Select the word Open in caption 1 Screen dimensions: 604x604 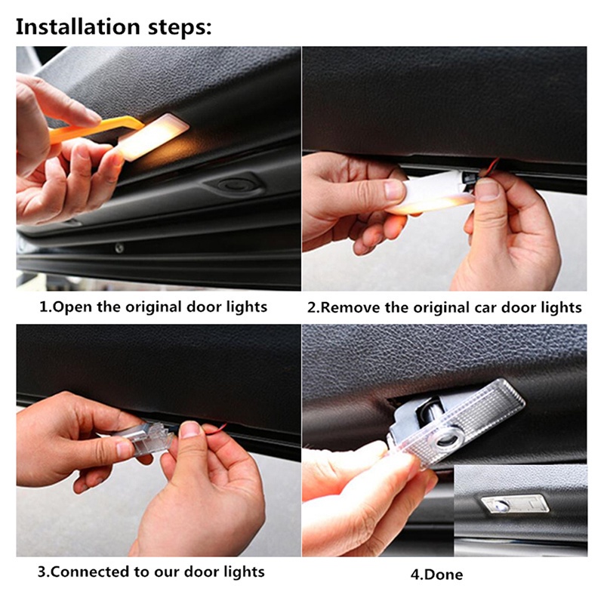pos(75,307)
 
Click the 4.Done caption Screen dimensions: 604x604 pos(436,575)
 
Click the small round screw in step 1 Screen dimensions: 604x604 pos(119,248)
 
